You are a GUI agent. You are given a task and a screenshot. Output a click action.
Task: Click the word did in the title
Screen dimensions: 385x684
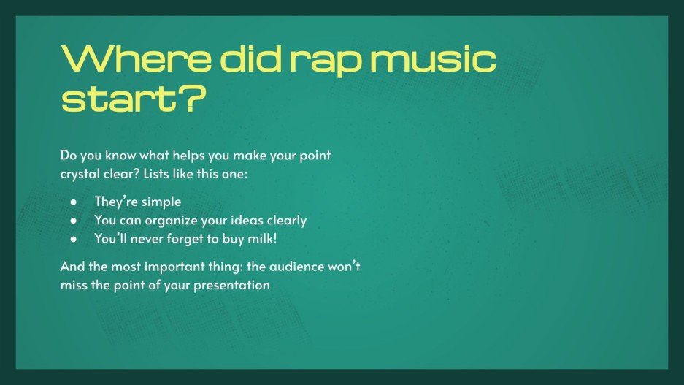tap(245, 58)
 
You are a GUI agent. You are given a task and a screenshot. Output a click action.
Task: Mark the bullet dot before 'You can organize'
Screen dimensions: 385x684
tap(74, 220)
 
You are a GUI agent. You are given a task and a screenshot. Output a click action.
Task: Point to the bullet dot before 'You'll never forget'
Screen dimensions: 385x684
tap(74, 238)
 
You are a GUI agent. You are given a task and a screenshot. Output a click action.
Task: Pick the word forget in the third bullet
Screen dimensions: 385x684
tap(181, 237)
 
